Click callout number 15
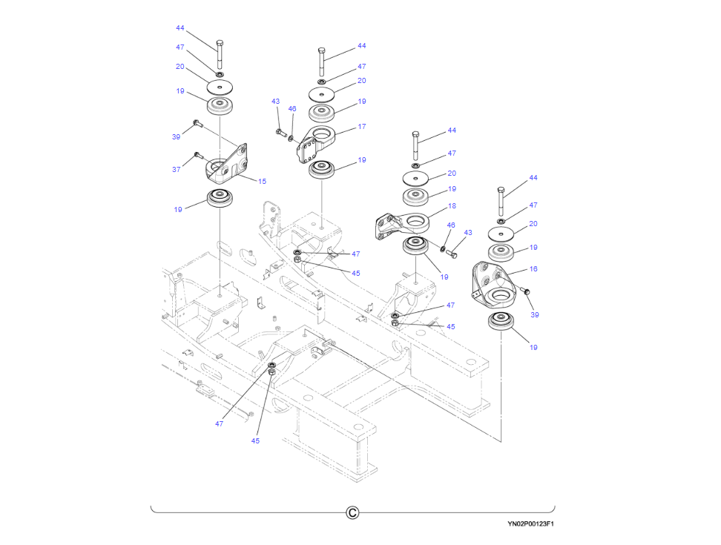tap(262, 182)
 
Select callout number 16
tap(533, 269)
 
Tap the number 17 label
tap(362, 127)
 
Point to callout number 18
tap(452, 206)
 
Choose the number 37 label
tap(177, 170)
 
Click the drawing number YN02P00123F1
tap(530, 523)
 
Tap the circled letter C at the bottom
tap(353, 512)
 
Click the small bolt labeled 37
tap(197, 155)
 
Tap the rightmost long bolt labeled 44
tap(501, 200)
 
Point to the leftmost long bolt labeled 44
tap(220, 53)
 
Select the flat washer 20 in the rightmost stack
tap(501, 233)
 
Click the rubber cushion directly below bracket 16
tap(501, 324)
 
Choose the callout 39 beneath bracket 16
tap(535, 315)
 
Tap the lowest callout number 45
tap(255, 440)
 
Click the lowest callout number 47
tap(220, 424)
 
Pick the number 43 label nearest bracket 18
tap(467, 233)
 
